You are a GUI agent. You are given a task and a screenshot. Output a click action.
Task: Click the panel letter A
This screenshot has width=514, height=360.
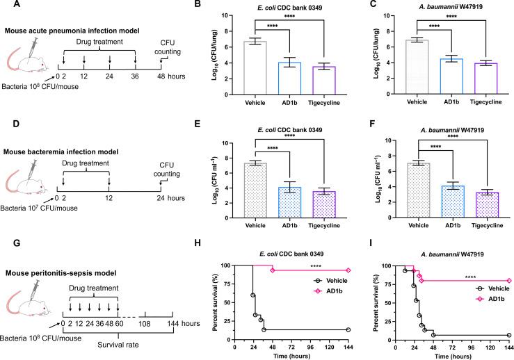6,6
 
